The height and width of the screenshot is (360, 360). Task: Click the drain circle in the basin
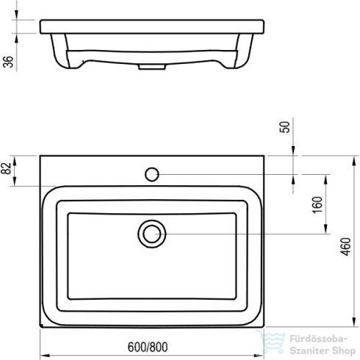click(x=151, y=234)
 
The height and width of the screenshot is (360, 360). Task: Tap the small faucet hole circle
click(x=152, y=174)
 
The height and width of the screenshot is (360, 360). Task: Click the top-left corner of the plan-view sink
click(x=40, y=155)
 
